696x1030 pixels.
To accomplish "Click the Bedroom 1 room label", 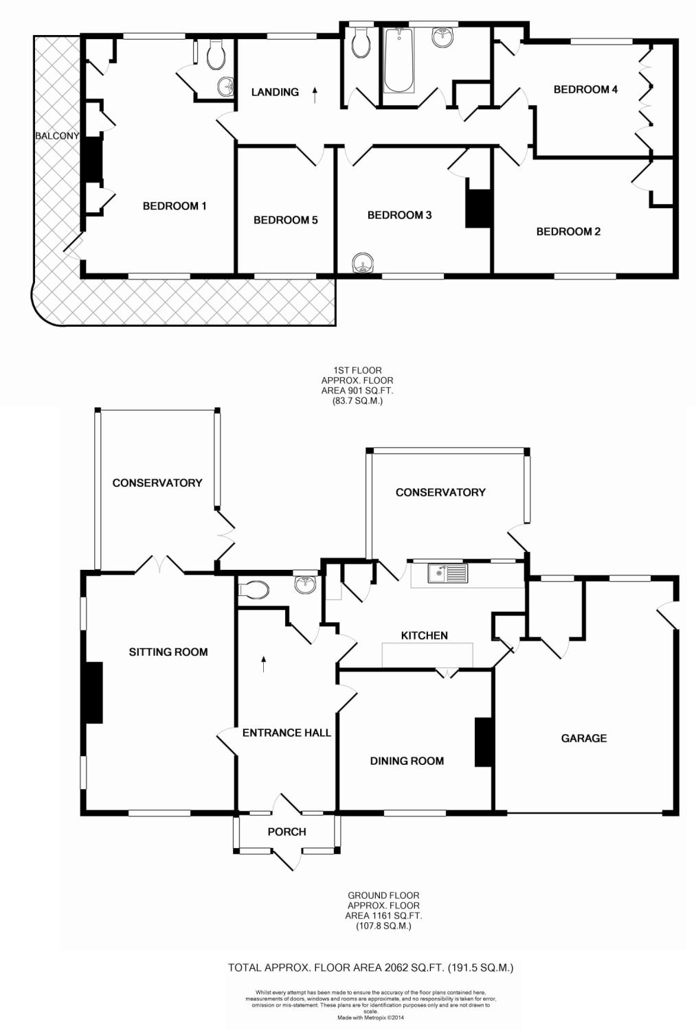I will point(175,206).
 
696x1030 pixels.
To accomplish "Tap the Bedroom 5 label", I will point(285,220).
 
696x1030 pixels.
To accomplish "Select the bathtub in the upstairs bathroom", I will point(398,61).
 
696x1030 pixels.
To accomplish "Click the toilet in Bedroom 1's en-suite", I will point(216,55).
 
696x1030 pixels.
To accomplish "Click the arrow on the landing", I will point(315,94).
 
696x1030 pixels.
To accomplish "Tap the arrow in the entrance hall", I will point(264,663).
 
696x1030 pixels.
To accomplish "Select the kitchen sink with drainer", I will point(447,573).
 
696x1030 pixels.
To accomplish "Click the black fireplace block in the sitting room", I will point(92,692).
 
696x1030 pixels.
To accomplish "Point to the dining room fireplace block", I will point(484,742).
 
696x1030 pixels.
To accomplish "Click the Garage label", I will point(584,738).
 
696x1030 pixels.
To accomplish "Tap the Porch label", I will point(287,832).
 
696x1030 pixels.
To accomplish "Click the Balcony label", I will point(57,136).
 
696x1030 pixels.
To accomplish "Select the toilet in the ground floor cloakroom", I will point(254,590).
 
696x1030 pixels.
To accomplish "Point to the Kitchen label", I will point(424,636).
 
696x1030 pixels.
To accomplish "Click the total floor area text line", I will point(370,968).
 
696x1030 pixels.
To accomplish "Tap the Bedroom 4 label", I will point(585,89).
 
